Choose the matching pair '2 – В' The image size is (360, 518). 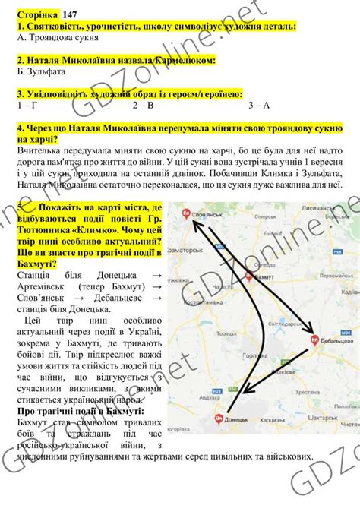coord(144,105)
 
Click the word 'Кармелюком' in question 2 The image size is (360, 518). coord(185,59)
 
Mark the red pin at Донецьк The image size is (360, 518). coord(218,419)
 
